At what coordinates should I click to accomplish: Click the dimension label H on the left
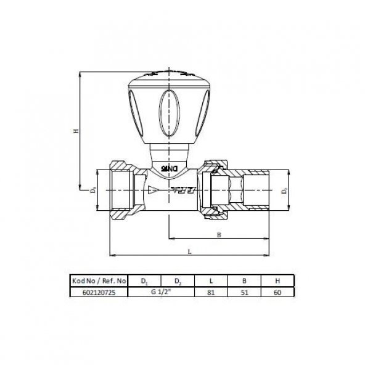pyautogui.click(x=75, y=131)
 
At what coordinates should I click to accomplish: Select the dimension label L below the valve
pyautogui.click(x=190, y=251)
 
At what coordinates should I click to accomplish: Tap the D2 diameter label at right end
pyautogui.click(x=285, y=191)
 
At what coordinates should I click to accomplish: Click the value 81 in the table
pyautogui.click(x=211, y=293)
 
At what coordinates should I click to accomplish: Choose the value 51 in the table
pyautogui.click(x=244, y=293)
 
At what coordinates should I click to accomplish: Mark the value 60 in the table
pyautogui.click(x=277, y=293)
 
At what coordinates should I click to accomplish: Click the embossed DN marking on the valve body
pyautogui.click(x=169, y=166)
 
